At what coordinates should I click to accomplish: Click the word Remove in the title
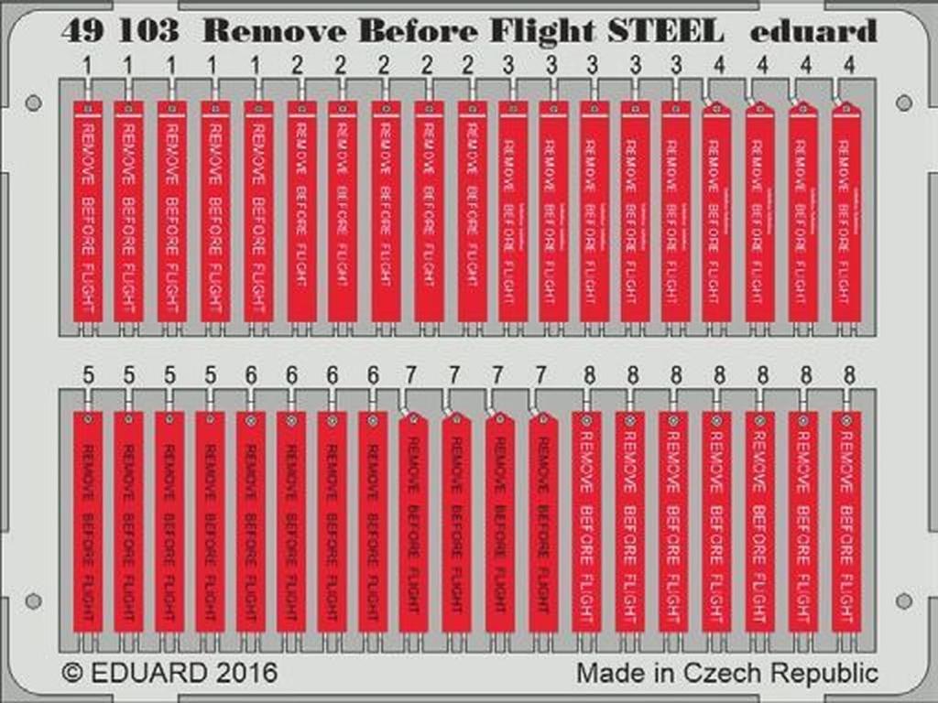pos(273,32)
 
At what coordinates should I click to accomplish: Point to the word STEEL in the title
pos(662,32)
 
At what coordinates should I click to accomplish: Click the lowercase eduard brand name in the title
pos(813,32)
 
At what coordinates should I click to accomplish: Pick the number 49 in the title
pos(82,32)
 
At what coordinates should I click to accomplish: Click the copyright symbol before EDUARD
pos(72,673)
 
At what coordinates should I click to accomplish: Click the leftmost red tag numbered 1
pos(87,211)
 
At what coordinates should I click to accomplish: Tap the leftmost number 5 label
pos(87,375)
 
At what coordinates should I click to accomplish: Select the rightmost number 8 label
pos(849,375)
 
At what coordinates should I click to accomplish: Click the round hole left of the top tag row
pos(34,103)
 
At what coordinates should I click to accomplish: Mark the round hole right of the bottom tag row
pos(904,600)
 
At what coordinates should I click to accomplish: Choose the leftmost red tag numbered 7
pos(413,522)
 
